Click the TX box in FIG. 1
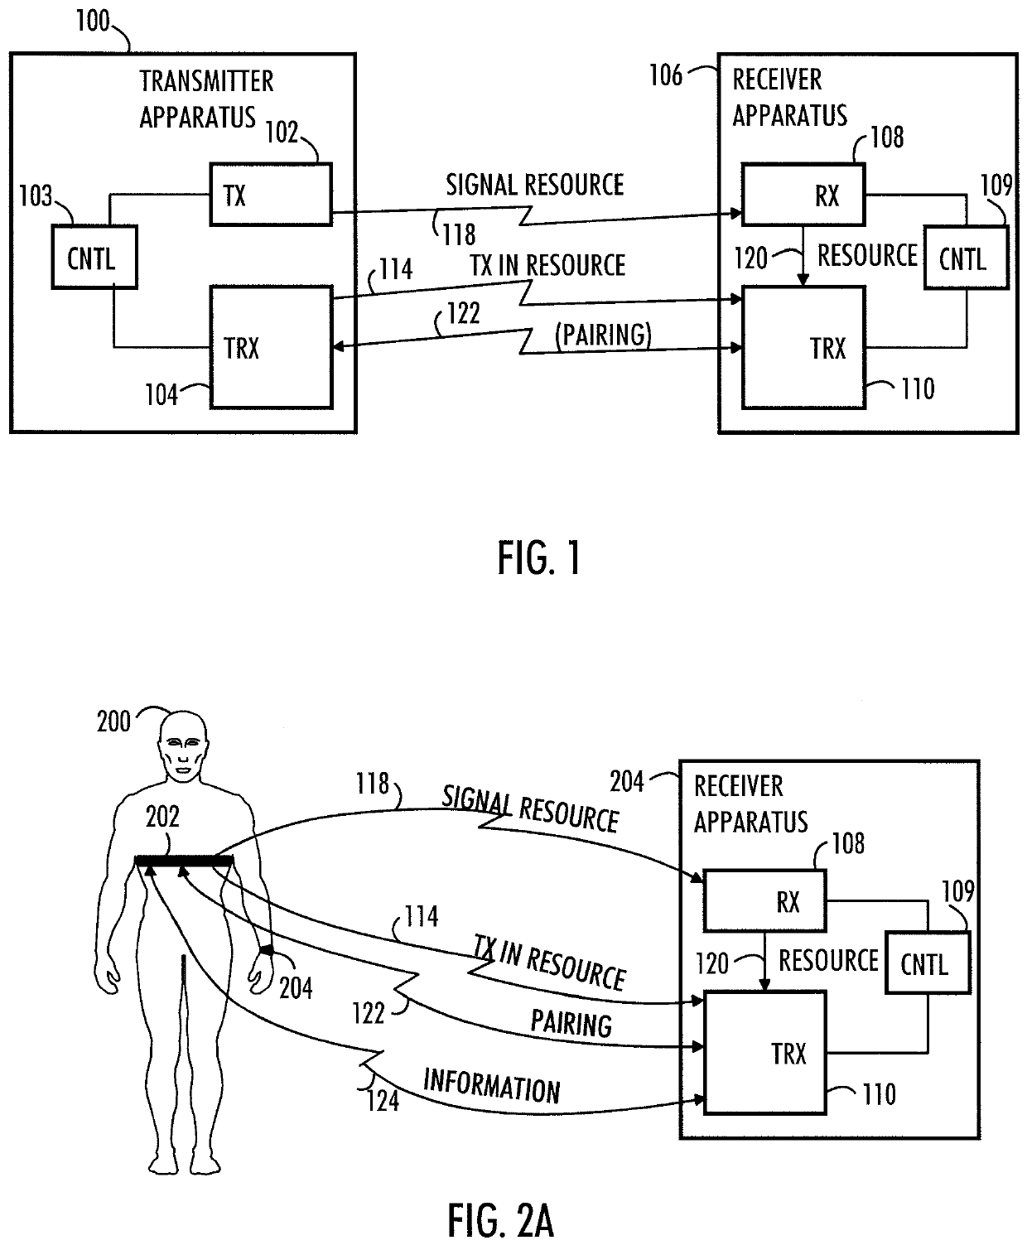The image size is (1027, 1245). (271, 195)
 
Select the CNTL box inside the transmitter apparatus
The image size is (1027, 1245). (94, 257)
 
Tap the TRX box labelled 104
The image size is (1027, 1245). (271, 347)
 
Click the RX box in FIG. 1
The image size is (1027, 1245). (803, 195)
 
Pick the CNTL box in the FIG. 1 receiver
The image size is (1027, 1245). (967, 258)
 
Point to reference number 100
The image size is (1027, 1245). (93, 21)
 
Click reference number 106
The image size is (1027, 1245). (665, 75)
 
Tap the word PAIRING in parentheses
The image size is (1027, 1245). (603, 335)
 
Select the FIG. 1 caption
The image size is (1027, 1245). (539, 558)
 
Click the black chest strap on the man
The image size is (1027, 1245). (184, 861)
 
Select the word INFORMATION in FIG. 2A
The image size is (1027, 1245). (491, 1086)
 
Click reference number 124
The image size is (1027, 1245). (383, 1100)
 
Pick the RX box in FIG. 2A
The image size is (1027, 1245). (764, 901)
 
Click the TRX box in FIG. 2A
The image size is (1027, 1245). (764, 1053)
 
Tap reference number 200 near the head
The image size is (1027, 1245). (113, 721)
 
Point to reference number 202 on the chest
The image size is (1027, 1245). (162, 816)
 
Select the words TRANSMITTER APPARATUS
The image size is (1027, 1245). (206, 99)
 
